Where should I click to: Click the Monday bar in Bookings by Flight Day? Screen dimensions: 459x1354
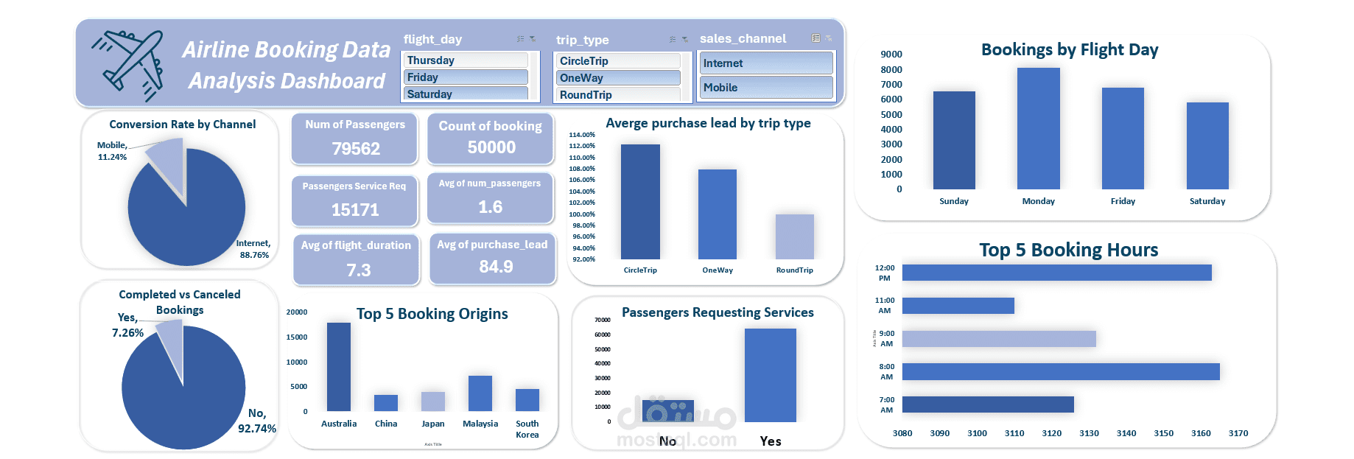point(1038,128)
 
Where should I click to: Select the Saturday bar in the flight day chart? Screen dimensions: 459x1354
point(1207,146)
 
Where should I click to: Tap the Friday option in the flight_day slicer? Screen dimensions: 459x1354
point(466,77)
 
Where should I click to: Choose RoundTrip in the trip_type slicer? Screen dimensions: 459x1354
point(617,95)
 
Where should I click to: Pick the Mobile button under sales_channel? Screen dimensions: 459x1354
point(765,88)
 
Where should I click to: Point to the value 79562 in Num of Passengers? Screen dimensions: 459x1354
point(356,149)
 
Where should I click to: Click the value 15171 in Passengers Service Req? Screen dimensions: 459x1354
point(355,210)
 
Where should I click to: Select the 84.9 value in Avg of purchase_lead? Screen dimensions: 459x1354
point(496,267)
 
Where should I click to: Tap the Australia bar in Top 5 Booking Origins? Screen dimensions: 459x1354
point(339,366)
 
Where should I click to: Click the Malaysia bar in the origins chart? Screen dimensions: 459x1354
point(480,393)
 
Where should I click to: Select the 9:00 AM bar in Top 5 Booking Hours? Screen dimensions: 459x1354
point(998,339)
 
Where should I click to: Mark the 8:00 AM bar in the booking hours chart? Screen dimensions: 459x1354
point(1060,371)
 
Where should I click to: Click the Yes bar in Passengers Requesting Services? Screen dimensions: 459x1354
point(770,375)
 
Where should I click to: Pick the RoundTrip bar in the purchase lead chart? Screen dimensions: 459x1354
point(794,236)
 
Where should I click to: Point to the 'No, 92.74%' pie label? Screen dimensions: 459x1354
point(256,421)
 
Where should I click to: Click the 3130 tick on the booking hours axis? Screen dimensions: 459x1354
point(1089,433)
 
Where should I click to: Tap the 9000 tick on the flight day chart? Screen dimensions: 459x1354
point(891,55)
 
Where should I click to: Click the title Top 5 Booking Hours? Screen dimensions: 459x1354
point(1068,250)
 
